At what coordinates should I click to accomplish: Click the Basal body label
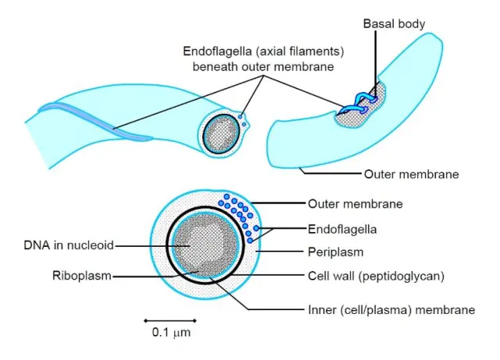[394, 24]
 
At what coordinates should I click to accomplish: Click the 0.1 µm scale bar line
[170, 319]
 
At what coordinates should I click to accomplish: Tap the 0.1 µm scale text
[170, 333]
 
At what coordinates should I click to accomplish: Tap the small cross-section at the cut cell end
[225, 130]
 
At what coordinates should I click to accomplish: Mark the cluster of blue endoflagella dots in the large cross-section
[239, 214]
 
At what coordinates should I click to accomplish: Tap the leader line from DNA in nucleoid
[148, 245]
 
